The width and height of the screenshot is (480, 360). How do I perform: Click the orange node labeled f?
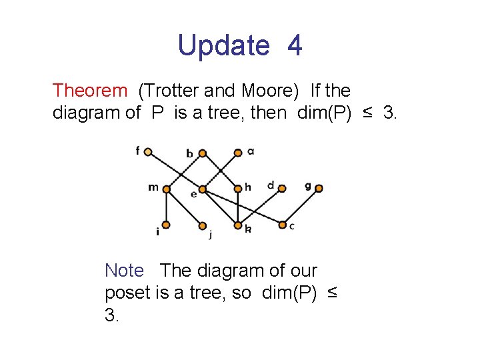[148, 152]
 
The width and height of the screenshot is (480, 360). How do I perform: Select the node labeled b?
[203, 153]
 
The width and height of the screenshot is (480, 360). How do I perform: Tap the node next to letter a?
[238, 153]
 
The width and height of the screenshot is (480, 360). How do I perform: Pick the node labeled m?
[167, 189]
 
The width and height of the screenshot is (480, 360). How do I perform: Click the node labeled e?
[202, 189]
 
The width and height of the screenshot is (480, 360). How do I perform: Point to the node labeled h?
[237, 189]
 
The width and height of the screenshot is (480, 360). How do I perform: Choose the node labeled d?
[282, 189]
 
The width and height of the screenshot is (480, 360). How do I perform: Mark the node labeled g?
[319, 189]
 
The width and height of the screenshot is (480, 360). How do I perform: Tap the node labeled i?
[167, 225]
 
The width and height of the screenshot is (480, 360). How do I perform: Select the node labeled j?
[203, 225]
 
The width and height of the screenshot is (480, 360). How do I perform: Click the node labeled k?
[238, 225]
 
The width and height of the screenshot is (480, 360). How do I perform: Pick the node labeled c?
[283, 225]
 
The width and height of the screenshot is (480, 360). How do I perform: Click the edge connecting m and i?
[167, 207]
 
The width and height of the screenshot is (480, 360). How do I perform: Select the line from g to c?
[301, 207]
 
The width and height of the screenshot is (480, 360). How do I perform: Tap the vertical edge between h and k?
[237, 207]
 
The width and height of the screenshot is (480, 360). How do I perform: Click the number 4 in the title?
[295, 46]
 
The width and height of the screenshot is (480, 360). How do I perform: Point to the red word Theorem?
[89, 90]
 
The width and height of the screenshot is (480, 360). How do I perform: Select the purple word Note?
[124, 271]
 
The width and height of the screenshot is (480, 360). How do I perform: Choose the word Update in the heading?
[223, 46]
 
